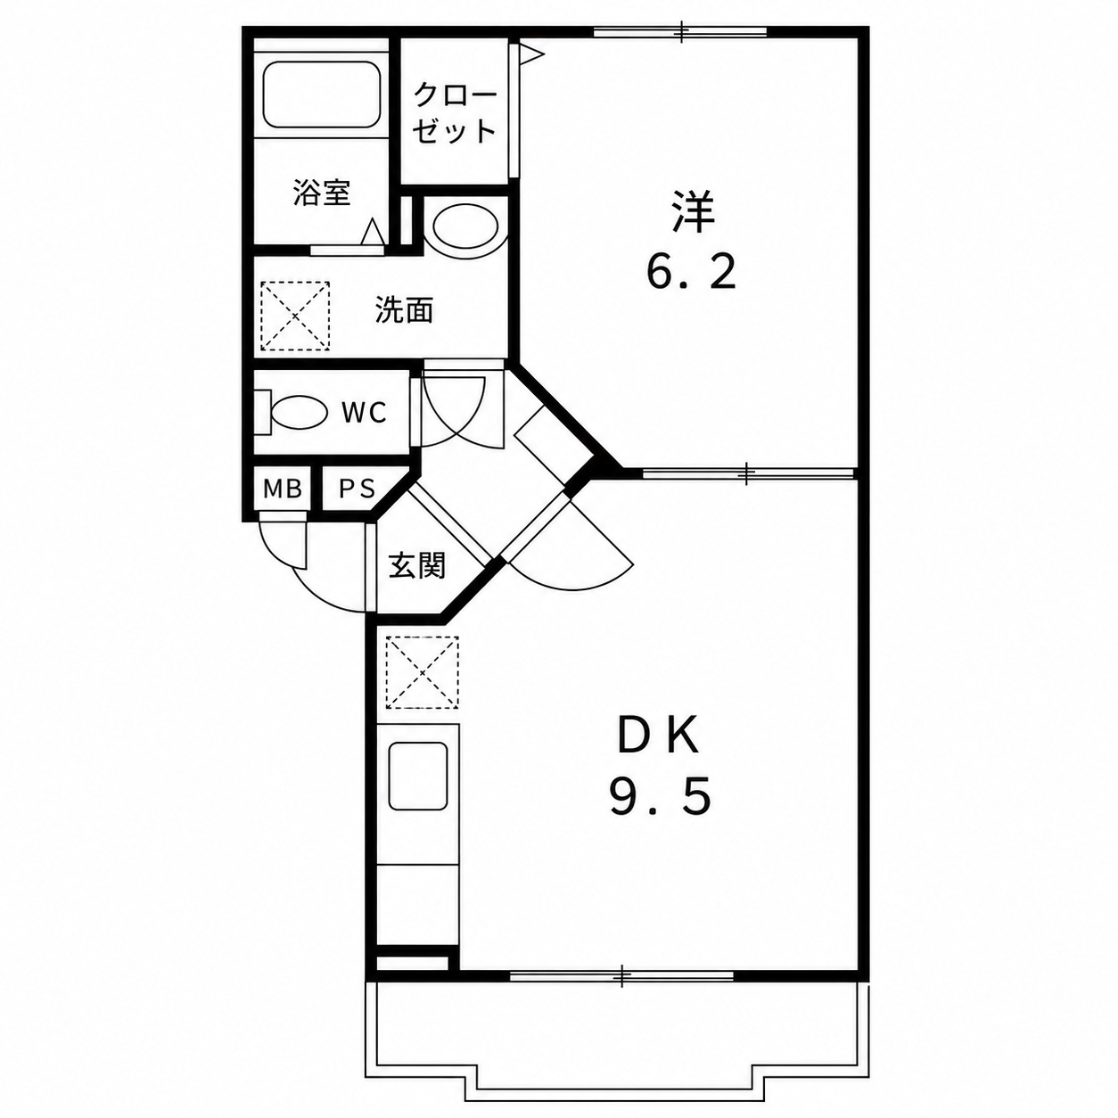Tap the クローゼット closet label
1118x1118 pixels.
[x=456, y=113]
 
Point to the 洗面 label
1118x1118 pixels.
[x=405, y=309]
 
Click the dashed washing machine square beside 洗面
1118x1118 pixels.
[x=295, y=316]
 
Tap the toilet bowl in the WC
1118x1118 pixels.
[x=299, y=413]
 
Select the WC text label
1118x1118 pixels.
[x=364, y=413]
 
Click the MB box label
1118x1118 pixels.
[x=283, y=489]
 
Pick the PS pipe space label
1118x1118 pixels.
[x=358, y=489]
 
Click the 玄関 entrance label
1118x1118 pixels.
[x=416, y=564]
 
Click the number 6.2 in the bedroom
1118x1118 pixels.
[x=691, y=273]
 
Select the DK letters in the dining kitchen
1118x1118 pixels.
[x=659, y=736]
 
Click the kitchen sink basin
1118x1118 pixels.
[x=418, y=776]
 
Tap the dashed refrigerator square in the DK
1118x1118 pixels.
[x=423, y=673]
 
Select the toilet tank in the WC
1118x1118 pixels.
[x=263, y=413]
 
